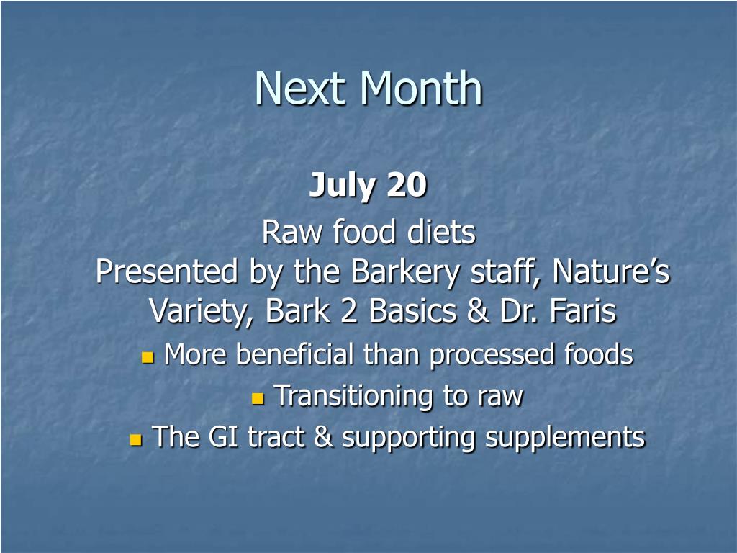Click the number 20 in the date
(407, 184)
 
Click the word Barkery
(404, 272)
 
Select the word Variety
(202, 312)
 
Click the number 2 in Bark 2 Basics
(349, 311)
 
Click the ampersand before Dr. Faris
(478, 311)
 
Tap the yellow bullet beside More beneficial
(148, 357)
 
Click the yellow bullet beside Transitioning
(258, 398)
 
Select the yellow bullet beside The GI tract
(136, 440)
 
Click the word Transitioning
(353, 397)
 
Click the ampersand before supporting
(323, 437)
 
